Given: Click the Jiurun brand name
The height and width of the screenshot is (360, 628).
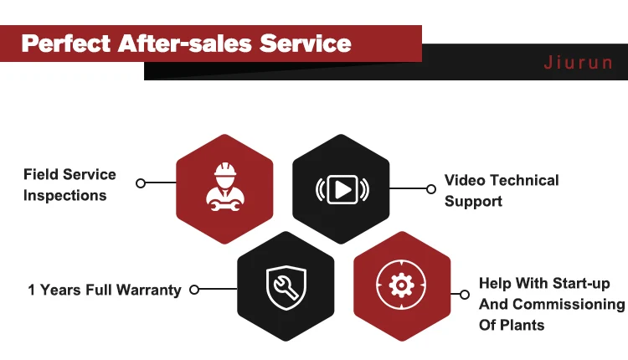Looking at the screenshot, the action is pyautogui.click(x=579, y=64).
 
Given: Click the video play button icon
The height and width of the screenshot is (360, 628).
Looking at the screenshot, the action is pyautogui.click(x=342, y=190).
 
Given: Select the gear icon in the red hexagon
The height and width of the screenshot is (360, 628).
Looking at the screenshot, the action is pyautogui.click(x=403, y=286).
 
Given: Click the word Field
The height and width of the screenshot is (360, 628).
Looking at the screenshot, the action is pyautogui.click(x=41, y=175).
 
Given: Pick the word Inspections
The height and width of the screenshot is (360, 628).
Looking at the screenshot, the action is pyautogui.click(x=65, y=196).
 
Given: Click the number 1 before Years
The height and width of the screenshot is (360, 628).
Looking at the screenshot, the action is pyautogui.click(x=32, y=291).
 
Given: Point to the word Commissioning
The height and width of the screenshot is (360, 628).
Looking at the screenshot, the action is pyautogui.click(x=569, y=304).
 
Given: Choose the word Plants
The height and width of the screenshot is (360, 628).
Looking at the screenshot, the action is pyautogui.click(x=523, y=324).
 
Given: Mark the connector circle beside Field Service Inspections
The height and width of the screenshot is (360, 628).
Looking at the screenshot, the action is pyautogui.click(x=141, y=183).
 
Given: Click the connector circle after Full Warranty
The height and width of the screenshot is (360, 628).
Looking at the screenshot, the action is pyautogui.click(x=194, y=290).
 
